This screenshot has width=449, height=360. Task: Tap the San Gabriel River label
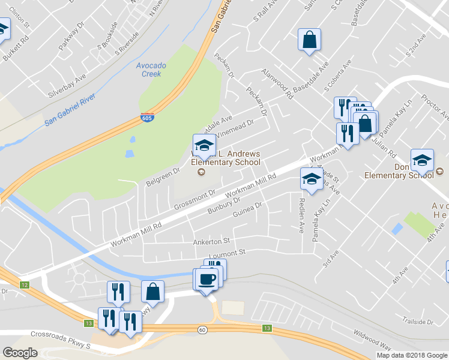(x=70, y=111)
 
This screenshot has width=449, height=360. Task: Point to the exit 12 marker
(x=24, y=284)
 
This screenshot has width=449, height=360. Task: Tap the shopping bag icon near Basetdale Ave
(x=310, y=40)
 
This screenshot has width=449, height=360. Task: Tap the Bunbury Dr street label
(x=224, y=206)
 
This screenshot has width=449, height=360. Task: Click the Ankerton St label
(x=211, y=242)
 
